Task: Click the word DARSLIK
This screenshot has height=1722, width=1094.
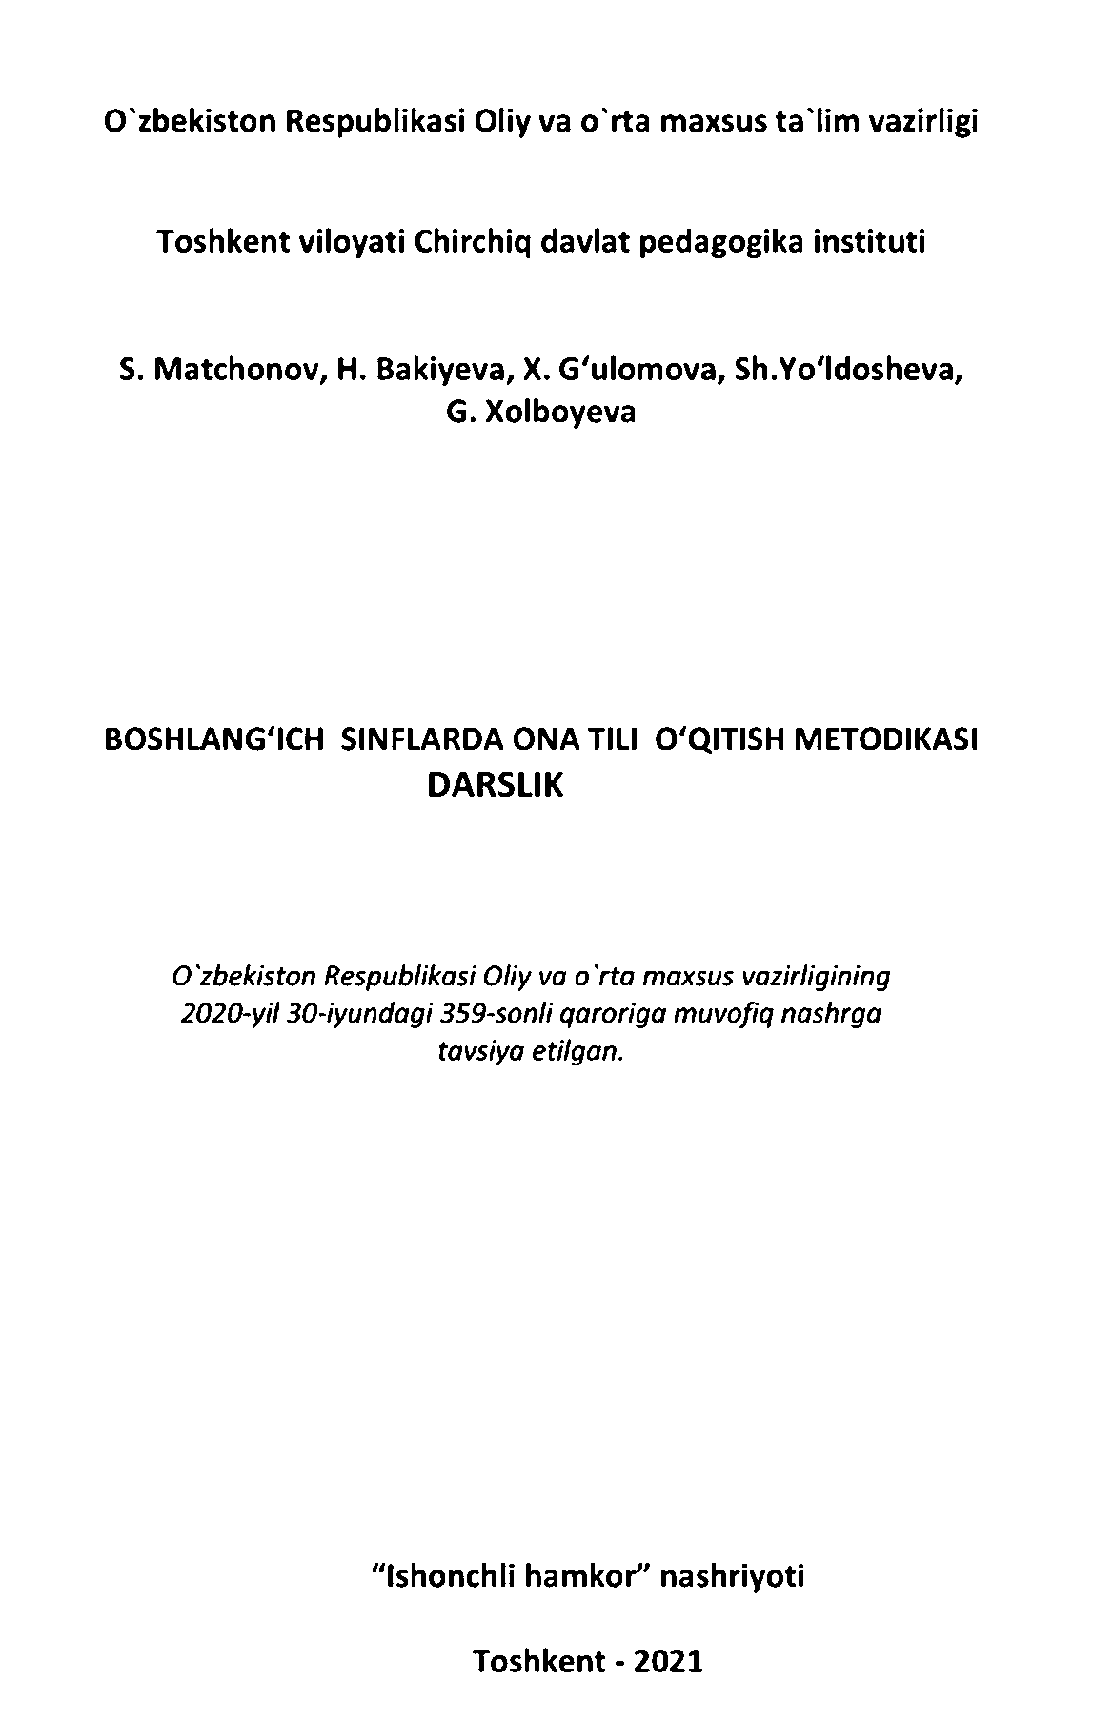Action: pyautogui.click(x=496, y=784)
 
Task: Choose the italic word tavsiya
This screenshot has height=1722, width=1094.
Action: pyautogui.click(x=475, y=1052)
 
